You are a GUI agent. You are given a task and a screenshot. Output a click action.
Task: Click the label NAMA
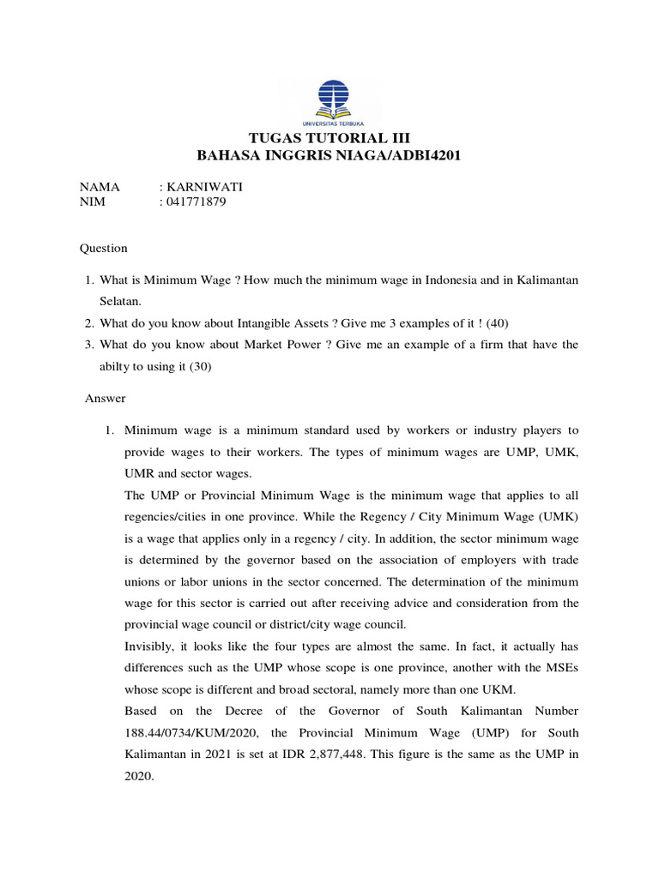pyautogui.click(x=100, y=186)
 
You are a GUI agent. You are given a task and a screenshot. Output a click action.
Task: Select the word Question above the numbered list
pyautogui.click(x=104, y=248)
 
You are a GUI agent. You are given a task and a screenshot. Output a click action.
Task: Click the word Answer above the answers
pyautogui.click(x=106, y=398)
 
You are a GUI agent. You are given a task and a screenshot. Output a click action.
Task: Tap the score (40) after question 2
pyautogui.click(x=507, y=322)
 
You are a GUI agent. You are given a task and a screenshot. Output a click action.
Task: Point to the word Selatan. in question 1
pyautogui.click(x=123, y=302)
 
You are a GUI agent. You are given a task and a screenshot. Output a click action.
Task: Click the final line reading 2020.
pyautogui.click(x=139, y=776)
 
